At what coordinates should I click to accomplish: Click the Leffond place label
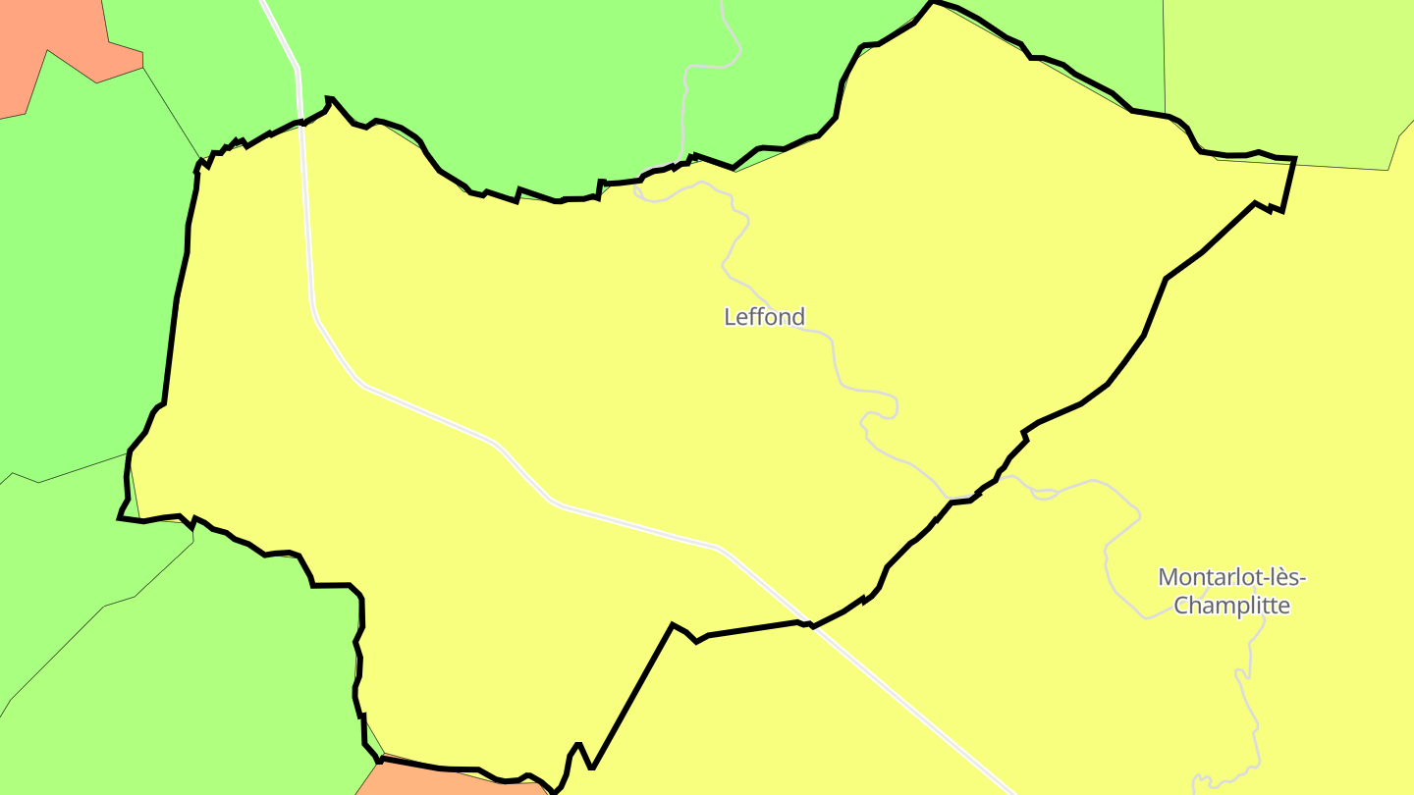pos(764,317)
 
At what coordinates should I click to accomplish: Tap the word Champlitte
pos(1231,606)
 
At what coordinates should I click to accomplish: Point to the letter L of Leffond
pos(730,317)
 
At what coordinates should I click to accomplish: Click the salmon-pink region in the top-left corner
pos(39,39)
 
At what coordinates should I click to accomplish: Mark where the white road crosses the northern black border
pos(299,122)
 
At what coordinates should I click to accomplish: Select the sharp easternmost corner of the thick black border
pos(1295,158)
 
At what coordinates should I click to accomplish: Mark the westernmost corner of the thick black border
pos(120,516)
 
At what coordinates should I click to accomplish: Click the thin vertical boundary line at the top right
pos(1165,59)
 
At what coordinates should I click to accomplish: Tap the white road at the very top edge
pos(265,5)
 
